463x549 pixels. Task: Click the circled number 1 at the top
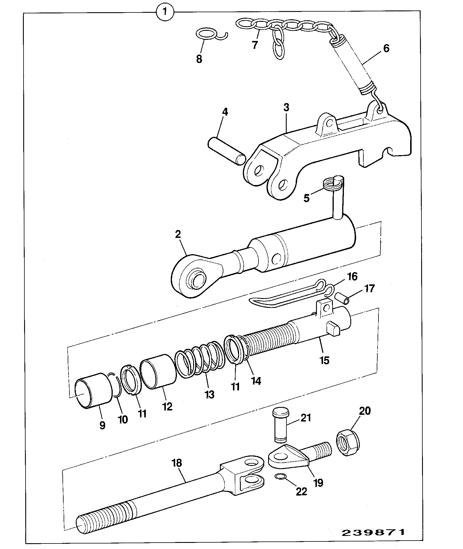point(165,12)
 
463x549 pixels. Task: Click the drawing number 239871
point(373,532)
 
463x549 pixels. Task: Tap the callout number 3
point(286,107)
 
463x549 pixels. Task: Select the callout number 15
point(324,360)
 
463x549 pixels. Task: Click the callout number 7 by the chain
point(255,45)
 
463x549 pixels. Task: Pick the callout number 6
point(386,48)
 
